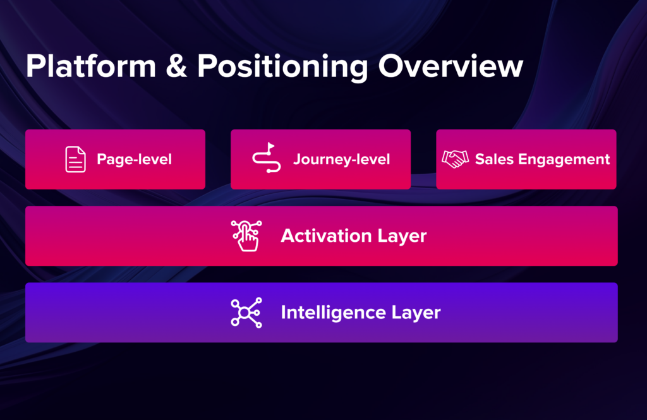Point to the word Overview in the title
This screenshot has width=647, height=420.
tap(450, 67)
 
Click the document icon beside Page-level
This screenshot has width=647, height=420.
tap(75, 159)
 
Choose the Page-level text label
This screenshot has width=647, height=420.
tap(134, 159)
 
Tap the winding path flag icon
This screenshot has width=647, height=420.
tap(265, 159)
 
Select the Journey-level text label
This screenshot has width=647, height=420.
tap(341, 159)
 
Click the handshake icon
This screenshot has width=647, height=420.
tap(455, 159)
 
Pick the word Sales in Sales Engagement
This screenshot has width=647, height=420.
tap(494, 159)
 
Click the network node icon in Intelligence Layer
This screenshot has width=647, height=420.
tap(245, 313)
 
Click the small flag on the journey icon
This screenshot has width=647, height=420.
tap(271, 147)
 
